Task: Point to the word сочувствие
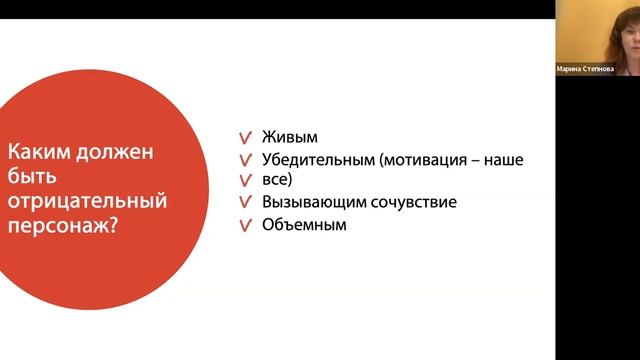(x=412, y=203)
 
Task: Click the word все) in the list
(x=277, y=180)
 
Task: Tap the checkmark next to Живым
(x=245, y=139)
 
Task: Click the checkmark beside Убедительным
(x=245, y=161)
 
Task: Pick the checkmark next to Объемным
(x=245, y=226)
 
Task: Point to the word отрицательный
(x=87, y=201)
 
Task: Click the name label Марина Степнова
(x=597, y=69)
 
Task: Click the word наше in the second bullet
(x=505, y=160)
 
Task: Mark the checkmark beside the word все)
(x=245, y=181)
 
